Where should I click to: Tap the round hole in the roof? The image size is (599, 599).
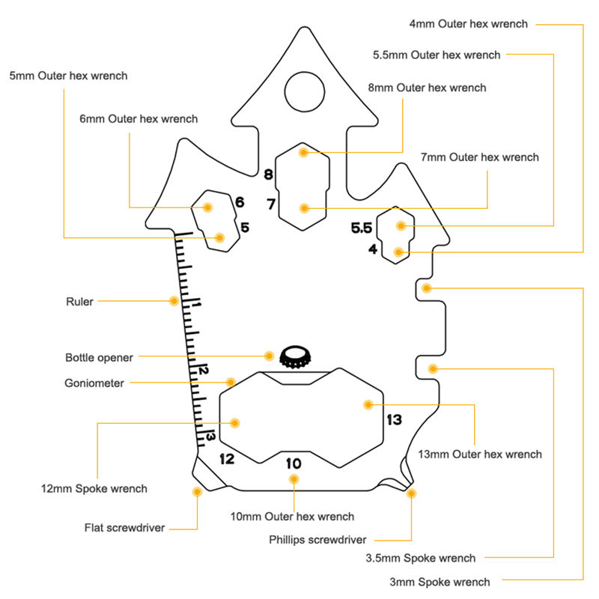tap(305, 91)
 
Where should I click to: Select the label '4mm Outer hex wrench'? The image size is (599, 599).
tap(469, 24)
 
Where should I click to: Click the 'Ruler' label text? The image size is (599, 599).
tap(79, 302)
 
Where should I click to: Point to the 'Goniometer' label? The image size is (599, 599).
tap(94, 383)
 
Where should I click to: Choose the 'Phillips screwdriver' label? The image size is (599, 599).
tap(317, 539)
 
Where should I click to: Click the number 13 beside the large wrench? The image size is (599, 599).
tap(394, 420)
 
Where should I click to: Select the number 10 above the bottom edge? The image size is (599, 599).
tap(294, 463)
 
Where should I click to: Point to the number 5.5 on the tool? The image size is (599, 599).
tap(362, 228)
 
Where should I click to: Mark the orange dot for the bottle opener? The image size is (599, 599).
tap(270, 356)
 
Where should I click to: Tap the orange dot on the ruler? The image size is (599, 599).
tap(174, 301)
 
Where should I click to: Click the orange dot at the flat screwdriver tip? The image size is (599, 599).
tap(197, 492)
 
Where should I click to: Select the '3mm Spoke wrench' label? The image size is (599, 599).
tap(440, 582)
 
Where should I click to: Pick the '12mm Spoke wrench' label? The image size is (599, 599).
tap(94, 489)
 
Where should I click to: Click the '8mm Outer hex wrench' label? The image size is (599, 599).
tap(427, 88)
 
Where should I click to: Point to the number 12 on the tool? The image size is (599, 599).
tap(227, 458)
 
